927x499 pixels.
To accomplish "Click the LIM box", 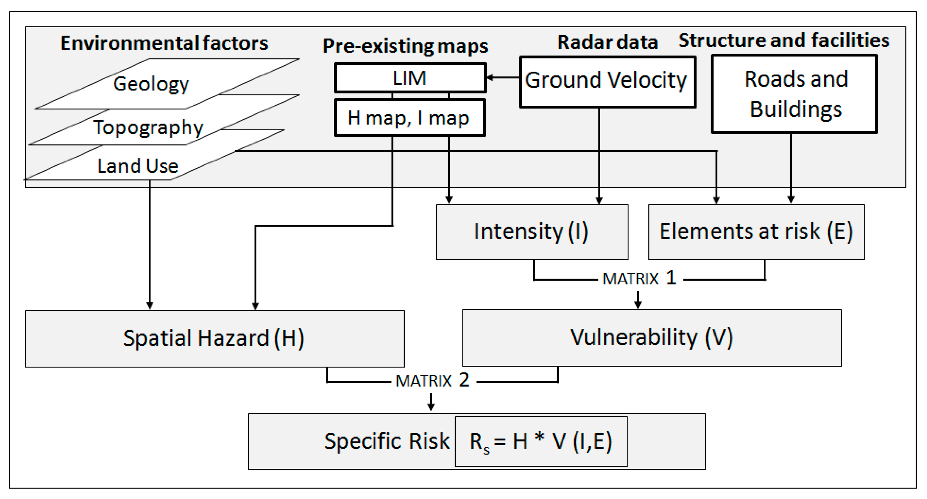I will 410,78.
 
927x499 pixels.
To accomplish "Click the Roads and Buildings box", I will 794,94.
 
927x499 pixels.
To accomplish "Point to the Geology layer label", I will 151,84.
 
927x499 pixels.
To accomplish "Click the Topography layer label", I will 148,127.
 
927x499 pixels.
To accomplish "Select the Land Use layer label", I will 138,166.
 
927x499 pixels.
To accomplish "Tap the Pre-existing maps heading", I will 405,46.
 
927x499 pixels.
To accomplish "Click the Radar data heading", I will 607,42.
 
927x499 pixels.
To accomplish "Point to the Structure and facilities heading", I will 784,40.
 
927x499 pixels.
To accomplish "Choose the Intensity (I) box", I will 531,231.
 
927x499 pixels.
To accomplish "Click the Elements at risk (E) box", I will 756,231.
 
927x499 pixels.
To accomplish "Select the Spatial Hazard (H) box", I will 214,338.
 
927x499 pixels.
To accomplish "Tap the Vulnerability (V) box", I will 651,338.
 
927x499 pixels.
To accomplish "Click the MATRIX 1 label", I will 639,279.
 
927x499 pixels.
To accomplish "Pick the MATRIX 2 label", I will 432,380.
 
